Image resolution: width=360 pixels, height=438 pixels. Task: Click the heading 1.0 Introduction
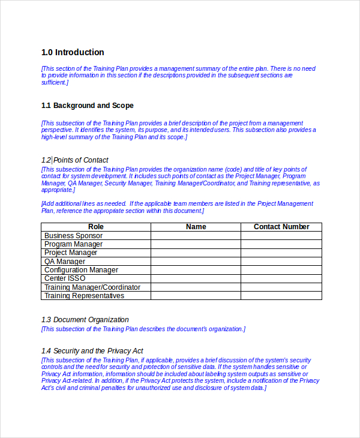point(73,52)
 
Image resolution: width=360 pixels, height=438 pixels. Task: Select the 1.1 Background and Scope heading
point(88,106)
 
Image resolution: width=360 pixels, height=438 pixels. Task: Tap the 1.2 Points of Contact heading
point(75,160)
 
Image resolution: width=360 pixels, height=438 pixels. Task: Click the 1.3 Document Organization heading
point(85,320)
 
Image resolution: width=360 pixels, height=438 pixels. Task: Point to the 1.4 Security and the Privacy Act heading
point(92,351)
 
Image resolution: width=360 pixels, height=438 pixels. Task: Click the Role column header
point(96,227)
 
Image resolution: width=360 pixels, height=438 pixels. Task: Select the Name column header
point(196,227)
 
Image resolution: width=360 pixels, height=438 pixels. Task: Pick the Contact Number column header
point(281,227)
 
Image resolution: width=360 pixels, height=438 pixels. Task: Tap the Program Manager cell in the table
point(73,244)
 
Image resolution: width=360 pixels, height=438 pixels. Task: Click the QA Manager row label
point(65,262)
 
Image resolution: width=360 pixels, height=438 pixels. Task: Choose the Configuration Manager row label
point(81,270)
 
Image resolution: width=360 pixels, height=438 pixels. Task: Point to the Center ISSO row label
point(65,278)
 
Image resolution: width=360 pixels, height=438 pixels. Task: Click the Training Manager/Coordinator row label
point(92,287)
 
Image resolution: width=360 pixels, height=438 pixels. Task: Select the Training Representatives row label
point(84,296)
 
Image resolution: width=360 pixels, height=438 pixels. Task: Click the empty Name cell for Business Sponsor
point(196,236)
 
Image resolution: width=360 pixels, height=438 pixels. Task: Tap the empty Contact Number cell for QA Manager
point(281,262)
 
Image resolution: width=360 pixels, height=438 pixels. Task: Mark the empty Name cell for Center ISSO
point(196,278)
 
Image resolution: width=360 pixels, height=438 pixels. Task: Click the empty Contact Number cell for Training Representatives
point(281,296)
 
